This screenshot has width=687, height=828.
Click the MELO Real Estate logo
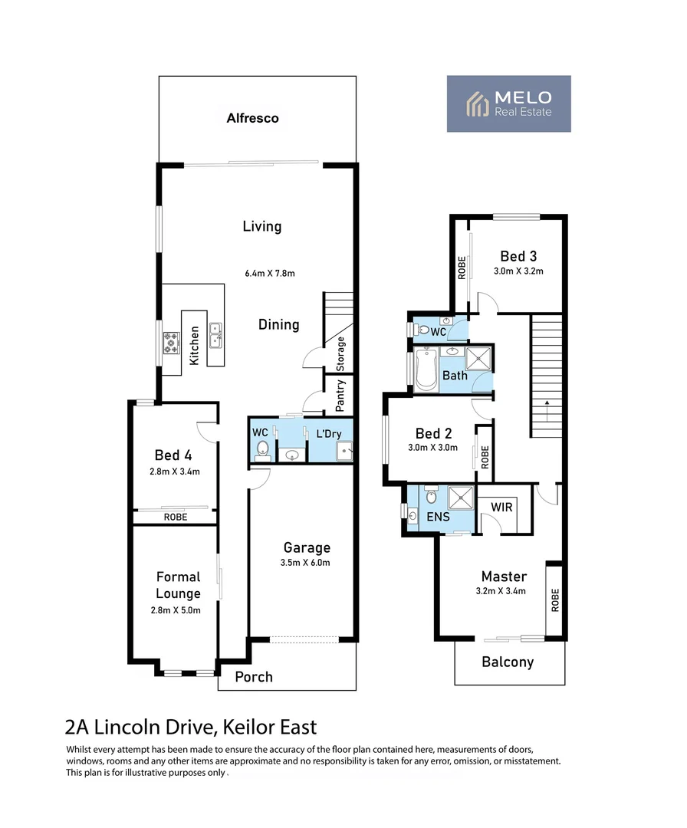pos(508,103)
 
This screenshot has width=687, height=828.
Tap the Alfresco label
pos(252,119)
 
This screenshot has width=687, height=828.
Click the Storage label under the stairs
pos(341,353)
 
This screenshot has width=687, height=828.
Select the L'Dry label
pos(328,434)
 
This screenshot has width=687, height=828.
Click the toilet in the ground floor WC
pos(261,449)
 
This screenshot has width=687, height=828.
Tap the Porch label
pos(253,677)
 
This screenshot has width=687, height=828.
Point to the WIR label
pos(502,508)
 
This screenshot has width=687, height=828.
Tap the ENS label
pos(438,516)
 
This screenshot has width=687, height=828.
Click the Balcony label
pos(507,662)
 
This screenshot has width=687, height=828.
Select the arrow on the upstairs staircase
pos(546,402)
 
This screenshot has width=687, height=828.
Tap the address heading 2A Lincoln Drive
pos(191,726)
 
